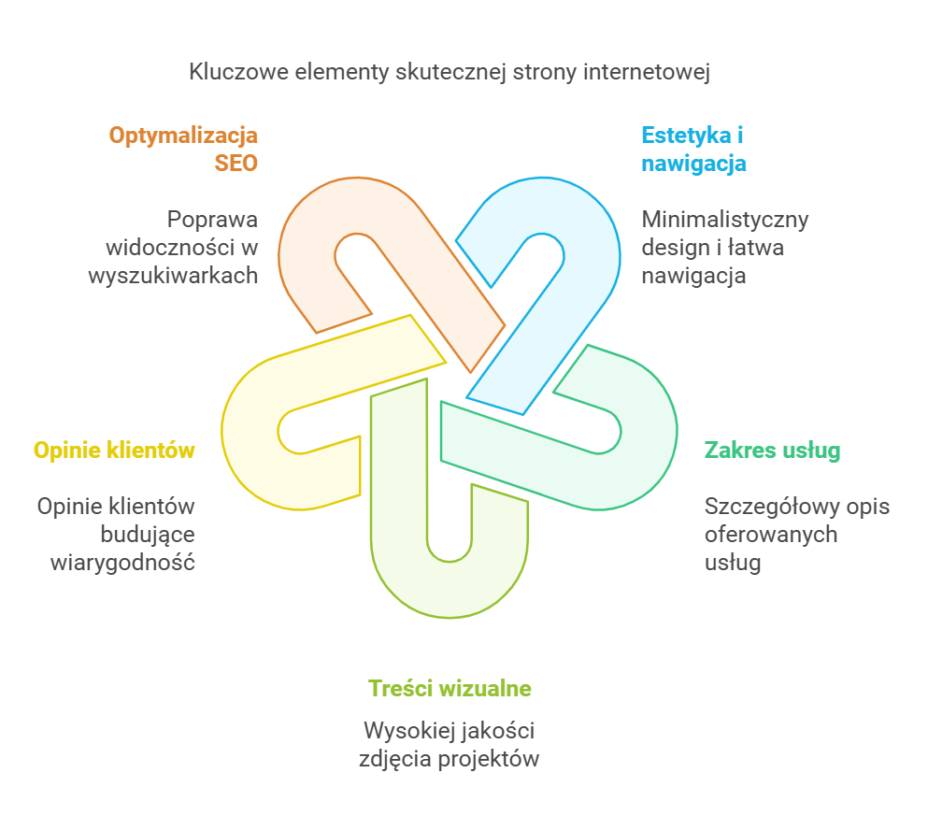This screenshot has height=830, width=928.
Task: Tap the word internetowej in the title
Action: (x=646, y=73)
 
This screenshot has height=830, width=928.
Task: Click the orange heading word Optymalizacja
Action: (x=183, y=136)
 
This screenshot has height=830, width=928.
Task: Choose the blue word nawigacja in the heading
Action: (x=693, y=163)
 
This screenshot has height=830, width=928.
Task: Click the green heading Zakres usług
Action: (x=772, y=451)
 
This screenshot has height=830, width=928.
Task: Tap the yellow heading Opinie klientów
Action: (x=114, y=451)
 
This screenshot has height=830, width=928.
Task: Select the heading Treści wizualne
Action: (x=450, y=689)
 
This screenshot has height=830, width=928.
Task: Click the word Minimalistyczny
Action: (x=724, y=220)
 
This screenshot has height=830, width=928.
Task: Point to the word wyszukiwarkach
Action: (x=173, y=276)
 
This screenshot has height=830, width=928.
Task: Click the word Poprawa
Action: (x=213, y=220)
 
